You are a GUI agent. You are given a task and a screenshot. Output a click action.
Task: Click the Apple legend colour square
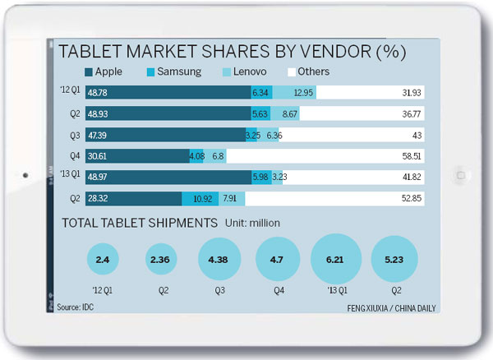pos(89,72)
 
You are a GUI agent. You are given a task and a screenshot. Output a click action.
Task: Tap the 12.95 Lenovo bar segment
pos(293,92)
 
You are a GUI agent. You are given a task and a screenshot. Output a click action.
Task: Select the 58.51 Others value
pos(410,155)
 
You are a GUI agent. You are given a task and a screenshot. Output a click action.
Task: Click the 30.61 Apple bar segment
pos(136,155)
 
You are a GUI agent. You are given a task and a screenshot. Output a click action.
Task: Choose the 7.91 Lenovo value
pos(233,197)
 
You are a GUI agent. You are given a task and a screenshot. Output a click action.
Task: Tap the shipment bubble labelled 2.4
pos(103,261)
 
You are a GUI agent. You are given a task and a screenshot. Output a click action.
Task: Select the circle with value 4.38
pos(219,261)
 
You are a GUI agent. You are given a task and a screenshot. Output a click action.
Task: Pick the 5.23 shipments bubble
pos(395,261)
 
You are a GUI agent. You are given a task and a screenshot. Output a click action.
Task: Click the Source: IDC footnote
pos(75,307)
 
